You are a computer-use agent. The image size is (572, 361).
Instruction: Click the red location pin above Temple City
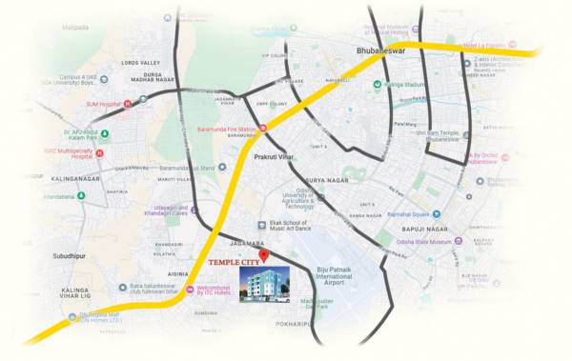(264, 254)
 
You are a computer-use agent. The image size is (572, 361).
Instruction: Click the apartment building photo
(266, 284)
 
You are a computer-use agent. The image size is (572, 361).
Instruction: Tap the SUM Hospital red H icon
(127, 103)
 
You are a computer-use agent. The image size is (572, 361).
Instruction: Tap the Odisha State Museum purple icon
(451, 242)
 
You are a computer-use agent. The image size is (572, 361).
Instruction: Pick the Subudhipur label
(75, 256)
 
